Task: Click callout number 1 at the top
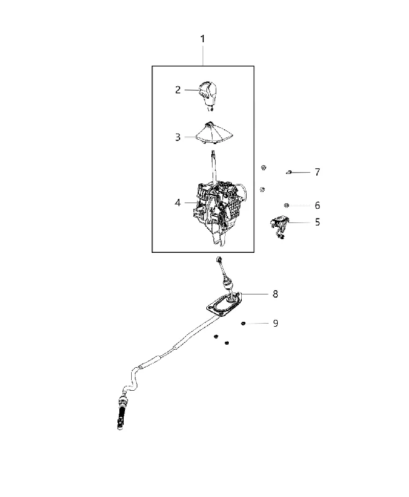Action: point(202,39)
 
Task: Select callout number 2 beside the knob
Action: point(178,90)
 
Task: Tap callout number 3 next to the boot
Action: point(178,137)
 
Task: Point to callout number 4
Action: point(178,203)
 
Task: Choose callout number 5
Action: point(318,222)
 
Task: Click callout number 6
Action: point(318,206)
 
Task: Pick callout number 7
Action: point(318,172)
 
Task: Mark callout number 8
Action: point(275,294)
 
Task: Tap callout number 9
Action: point(275,323)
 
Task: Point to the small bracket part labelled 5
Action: point(279,226)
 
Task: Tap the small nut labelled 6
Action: point(287,206)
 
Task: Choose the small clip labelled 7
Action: point(288,172)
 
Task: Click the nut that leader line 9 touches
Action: point(243,323)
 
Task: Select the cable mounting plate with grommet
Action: point(224,304)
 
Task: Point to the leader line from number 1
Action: point(203,55)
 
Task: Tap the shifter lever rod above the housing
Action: point(214,167)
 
